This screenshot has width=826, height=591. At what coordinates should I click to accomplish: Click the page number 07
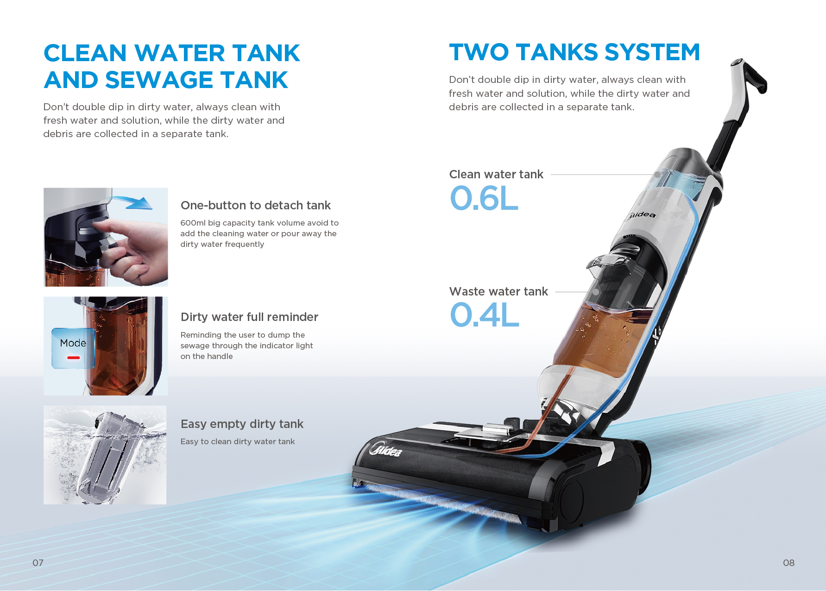click(38, 563)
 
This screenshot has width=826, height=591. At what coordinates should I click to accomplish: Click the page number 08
click(788, 563)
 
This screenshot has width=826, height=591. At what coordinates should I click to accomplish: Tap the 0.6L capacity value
click(484, 199)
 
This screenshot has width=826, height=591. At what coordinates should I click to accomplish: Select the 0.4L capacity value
click(484, 315)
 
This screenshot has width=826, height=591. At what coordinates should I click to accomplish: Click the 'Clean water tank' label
click(496, 175)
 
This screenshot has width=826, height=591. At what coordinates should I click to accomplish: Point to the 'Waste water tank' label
click(498, 291)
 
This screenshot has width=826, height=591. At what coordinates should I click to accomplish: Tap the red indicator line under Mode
click(73, 358)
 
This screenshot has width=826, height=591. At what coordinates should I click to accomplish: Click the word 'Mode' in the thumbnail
click(73, 343)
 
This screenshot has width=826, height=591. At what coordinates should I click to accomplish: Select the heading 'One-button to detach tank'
click(255, 205)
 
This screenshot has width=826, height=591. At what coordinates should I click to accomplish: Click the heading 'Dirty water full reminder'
click(249, 317)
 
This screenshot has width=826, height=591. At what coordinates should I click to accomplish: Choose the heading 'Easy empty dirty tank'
click(242, 424)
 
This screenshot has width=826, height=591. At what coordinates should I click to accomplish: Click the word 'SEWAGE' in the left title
click(159, 80)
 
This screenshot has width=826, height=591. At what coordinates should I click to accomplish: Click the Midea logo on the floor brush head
click(385, 449)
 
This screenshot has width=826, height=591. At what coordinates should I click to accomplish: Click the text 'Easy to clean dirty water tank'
click(237, 441)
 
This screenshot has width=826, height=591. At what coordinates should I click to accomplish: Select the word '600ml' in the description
click(193, 223)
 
